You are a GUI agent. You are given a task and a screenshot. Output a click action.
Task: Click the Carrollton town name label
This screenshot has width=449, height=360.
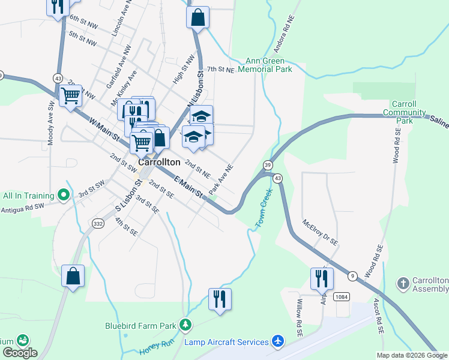tap(159, 162)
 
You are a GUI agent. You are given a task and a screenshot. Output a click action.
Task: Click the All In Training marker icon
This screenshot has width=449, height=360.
tap(62, 195)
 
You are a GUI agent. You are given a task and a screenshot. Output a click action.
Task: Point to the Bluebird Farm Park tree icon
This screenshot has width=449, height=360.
tap(186, 326)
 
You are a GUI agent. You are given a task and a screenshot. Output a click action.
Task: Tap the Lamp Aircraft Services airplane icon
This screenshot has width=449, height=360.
tap(277, 341)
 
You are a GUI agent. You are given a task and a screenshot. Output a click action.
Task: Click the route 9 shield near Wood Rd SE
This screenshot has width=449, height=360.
tap(352, 276)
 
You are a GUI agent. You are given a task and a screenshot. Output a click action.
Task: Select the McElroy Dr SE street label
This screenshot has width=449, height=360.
tap(321, 232)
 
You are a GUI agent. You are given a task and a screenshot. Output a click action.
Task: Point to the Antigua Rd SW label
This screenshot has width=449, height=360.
tap(23, 208)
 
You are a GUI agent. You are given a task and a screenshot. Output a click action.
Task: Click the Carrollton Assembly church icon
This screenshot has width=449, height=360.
tap(403, 282)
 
